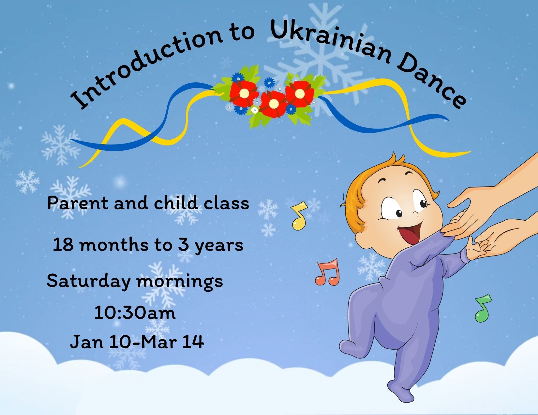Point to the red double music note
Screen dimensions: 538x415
pyautogui.click(x=328, y=272)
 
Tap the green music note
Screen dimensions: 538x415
pyautogui.click(x=483, y=308)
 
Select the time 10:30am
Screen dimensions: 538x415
pyautogui.click(x=135, y=313)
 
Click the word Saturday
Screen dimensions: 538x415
pyautogui.click(x=89, y=281)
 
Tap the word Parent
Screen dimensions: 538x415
pyautogui.click(x=78, y=203)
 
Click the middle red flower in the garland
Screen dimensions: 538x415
pyautogui.click(x=273, y=104)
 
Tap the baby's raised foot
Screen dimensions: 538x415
pyautogui.click(x=350, y=349)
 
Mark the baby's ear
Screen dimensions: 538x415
pyautogui.click(x=362, y=237)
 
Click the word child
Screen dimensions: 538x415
pyautogui.click(x=175, y=202)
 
